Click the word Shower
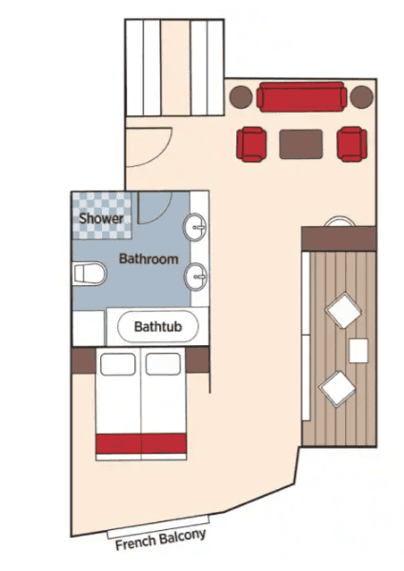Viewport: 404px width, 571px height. pos(101,218)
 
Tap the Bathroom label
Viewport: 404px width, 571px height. pos(149,259)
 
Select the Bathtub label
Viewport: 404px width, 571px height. pos(158,326)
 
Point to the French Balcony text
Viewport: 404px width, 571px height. pos(160,540)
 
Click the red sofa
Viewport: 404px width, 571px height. pos(302,97)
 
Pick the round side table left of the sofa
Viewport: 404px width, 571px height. pos(241,97)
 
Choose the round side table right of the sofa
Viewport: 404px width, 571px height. pos(362,97)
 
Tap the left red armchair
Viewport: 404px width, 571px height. pos(252,144)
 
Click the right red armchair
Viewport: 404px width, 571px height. pos(352,144)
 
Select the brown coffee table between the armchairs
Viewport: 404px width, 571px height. pos(301,144)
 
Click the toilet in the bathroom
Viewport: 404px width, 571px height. pos(90,274)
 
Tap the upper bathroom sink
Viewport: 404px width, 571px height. pos(195,227)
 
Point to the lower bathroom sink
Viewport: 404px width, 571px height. pos(195,276)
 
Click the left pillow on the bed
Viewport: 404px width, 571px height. pos(117,364)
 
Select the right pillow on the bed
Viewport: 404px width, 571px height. pos(163,364)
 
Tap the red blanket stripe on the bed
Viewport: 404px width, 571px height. pos(141,443)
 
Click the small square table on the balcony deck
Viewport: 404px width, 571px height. pos(358,351)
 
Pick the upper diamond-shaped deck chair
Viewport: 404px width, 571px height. pos(343,310)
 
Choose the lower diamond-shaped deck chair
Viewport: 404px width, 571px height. pos(337,389)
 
